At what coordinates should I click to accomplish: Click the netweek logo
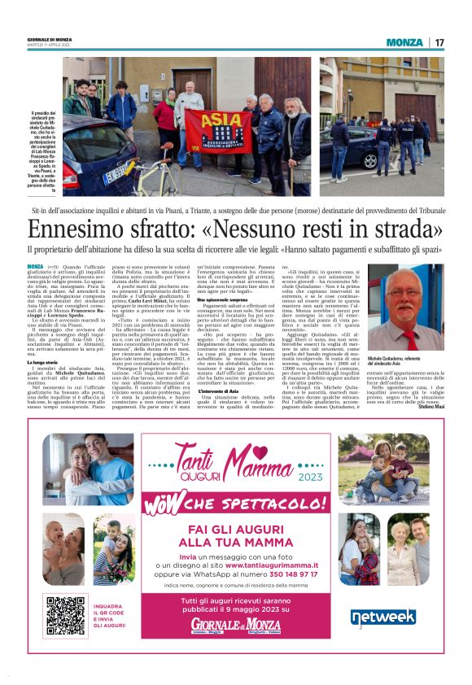pyautogui.click(x=382, y=617)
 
